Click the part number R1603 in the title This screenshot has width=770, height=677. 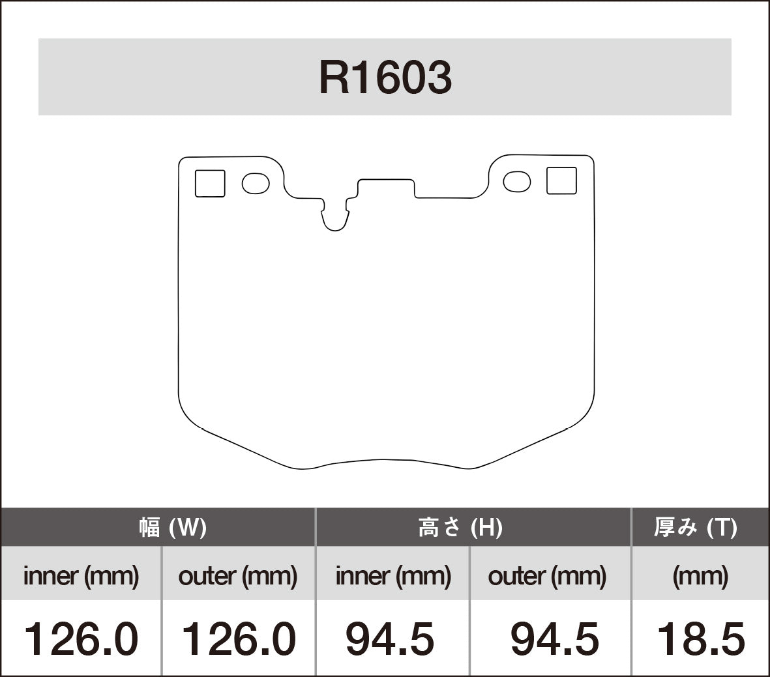point(385,78)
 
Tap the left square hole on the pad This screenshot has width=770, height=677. point(210,183)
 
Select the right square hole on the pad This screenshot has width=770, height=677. point(561,180)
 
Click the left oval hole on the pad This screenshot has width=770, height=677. point(256,183)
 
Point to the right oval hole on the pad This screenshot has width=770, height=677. point(517,182)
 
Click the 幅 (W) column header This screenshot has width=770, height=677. point(173,527)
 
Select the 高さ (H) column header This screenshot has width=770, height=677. point(460,527)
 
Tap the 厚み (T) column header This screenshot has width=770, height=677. point(696,527)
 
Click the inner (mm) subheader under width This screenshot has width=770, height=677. point(81,576)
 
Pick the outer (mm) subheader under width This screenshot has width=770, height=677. point(238,576)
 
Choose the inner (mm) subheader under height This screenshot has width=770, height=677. point(393,576)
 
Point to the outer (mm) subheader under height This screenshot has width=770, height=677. point(547,576)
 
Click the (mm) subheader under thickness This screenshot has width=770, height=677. point(700,576)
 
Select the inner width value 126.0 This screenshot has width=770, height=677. point(81,639)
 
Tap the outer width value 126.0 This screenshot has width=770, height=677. point(238,639)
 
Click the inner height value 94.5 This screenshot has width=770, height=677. point(390,639)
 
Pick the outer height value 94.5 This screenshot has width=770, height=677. point(554,639)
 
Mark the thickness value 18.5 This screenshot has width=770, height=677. point(700,639)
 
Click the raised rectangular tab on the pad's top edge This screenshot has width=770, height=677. point(386,187)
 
